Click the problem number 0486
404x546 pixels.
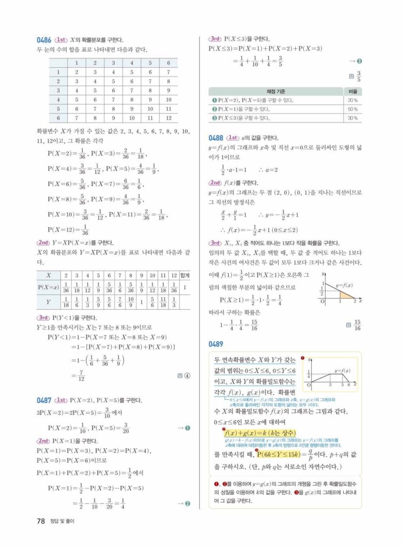(43, 40)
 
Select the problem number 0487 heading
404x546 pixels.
(43, 400)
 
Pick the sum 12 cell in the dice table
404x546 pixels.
(168, 117)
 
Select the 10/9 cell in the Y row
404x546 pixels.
(132, 303)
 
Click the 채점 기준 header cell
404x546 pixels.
(275, 91)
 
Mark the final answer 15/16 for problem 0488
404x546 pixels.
(357, 325)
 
